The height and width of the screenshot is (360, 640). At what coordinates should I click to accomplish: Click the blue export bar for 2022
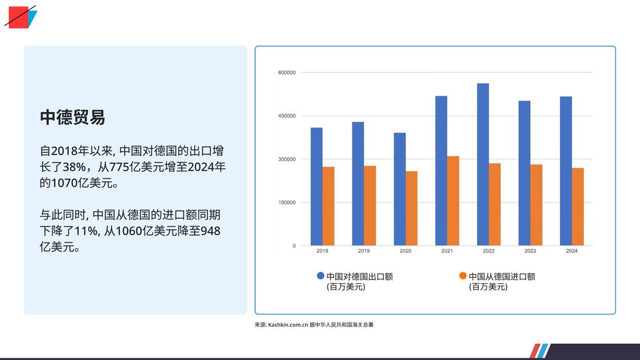click(482, 164)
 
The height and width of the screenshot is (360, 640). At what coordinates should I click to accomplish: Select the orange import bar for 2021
click(453, 201)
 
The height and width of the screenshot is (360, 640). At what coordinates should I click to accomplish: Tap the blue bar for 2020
click(399, 189)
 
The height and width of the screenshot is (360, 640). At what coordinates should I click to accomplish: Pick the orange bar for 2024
click(577, 206)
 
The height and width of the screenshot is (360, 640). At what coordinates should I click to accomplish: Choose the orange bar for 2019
click(370, 206)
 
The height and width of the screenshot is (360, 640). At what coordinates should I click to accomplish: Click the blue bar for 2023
click(524, 173)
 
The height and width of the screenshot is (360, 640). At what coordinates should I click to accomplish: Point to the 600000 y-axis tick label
click(286, 73)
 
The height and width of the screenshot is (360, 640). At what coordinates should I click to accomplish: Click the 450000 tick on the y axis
click(286, 116)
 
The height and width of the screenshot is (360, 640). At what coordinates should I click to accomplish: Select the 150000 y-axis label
click(286, 202)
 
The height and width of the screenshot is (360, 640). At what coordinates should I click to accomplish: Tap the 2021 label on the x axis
click(447, 251)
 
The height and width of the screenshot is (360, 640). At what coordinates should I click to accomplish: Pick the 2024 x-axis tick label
click(571, 251)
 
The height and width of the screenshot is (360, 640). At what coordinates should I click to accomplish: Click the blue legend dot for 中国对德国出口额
click(321, 276)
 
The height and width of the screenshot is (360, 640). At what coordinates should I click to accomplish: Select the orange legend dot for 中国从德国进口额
click(462, 276)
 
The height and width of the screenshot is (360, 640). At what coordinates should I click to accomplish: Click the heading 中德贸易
click(72, 117)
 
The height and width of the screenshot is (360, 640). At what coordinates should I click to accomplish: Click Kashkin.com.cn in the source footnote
click(287, 325)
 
